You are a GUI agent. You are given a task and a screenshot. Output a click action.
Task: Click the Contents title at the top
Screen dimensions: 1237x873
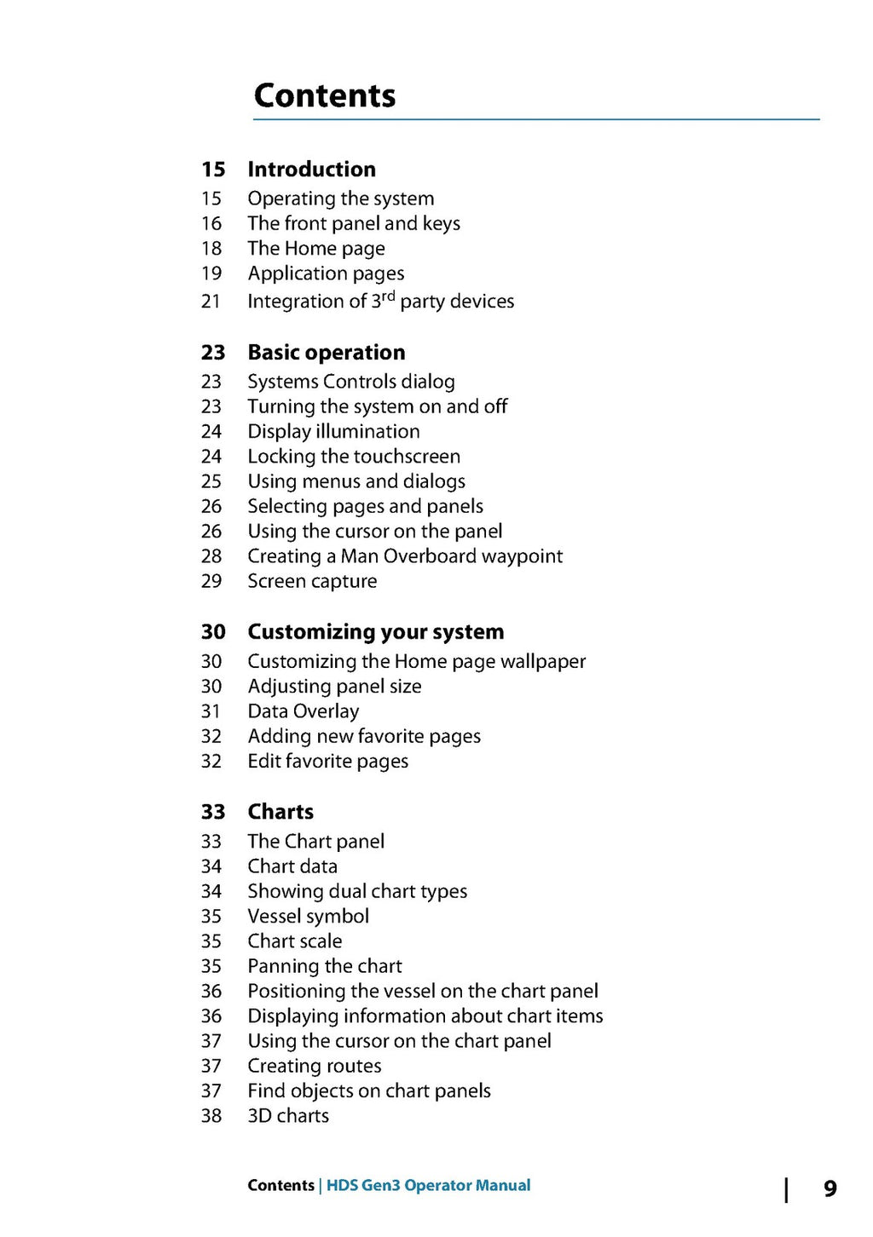coord(325,95)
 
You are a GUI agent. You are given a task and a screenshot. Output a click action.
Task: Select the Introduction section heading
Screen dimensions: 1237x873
coord(311,169)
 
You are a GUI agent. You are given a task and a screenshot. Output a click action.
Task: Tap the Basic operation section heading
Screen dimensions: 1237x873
coord(326,352)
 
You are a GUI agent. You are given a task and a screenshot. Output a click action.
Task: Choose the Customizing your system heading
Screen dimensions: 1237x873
coord(375,631)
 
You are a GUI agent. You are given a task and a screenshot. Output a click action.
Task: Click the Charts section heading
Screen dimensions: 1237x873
coord(280,811)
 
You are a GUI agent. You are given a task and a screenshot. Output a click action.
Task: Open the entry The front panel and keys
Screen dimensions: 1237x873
coord(354,223)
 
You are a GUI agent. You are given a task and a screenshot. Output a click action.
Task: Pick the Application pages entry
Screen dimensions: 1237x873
coord(326,273)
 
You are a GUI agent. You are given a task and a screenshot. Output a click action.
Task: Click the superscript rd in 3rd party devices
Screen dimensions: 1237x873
coord(388,296)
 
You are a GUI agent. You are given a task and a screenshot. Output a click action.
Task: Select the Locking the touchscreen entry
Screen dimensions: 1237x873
coord(354,457)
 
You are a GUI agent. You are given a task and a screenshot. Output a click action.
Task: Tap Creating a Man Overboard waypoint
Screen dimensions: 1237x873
coord(405,556)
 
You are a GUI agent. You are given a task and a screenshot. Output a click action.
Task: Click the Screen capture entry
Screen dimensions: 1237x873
coord(312,581)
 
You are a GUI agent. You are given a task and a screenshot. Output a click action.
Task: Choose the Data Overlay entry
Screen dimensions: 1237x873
coord(303,711)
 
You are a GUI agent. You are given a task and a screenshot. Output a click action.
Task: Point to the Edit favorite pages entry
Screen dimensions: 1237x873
coord(327,762)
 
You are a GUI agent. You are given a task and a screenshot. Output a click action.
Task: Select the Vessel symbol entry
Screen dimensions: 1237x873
coord(308,917)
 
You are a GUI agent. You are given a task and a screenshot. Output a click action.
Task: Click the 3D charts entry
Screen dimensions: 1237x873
coord(288,1116)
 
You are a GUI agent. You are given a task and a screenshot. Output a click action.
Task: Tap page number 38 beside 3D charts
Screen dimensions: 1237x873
coord(211,1116)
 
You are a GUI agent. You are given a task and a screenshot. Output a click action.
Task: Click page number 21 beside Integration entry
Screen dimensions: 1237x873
coord(211,302)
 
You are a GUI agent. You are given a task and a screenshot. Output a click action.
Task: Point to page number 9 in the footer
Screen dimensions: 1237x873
coord(830,1188)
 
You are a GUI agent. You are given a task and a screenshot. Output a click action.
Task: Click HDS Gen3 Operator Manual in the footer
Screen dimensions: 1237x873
coord(428,1185)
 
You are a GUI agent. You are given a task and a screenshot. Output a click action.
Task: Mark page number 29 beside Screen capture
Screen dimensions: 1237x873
coord(211,581)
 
